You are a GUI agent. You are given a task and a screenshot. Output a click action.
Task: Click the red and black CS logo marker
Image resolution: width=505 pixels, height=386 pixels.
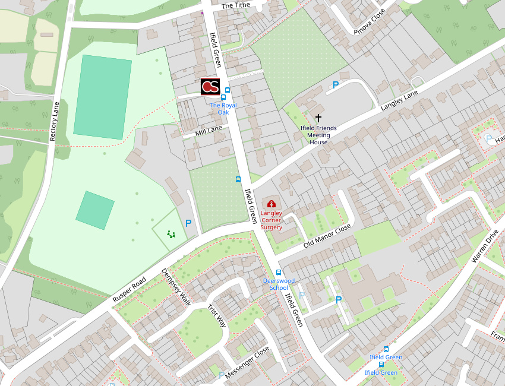[210, 87]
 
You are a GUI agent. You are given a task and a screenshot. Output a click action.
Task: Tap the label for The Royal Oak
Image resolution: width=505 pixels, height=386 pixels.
[223, 109]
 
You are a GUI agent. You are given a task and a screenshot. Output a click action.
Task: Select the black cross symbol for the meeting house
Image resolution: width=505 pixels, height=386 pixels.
[318, 118]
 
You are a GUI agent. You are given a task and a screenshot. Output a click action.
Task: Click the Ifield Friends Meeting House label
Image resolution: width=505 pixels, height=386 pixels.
[318, 135]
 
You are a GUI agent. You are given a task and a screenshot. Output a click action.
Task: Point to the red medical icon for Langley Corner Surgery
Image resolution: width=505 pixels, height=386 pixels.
[272, 204]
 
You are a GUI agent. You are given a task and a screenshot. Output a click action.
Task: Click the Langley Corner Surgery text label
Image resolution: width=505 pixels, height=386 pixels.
[272, 220]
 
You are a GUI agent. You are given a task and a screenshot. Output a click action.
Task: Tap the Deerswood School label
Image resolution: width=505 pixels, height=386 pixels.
[279, 284]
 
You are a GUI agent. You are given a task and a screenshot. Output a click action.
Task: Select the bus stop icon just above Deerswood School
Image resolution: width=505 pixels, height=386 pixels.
[279, 273]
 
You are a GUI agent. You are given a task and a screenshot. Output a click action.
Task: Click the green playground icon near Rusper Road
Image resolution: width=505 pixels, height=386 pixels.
[171, 234]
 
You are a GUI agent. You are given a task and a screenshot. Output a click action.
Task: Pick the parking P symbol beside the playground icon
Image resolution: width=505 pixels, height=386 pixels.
[188, 223]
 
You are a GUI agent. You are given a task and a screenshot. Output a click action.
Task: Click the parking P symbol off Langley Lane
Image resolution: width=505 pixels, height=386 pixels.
[336, 85]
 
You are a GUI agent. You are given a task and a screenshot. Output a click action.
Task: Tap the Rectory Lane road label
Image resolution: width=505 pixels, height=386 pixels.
[55, 122]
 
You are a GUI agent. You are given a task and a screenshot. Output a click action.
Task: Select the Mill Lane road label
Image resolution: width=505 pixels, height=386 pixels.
[209, 130]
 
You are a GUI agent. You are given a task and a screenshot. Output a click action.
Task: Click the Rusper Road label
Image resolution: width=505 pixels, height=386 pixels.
[129, 290]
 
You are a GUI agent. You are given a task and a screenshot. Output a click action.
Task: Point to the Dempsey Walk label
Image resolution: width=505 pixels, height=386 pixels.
[176, 287]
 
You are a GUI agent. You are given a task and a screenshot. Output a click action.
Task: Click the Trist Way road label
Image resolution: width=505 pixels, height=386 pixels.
[217, 316]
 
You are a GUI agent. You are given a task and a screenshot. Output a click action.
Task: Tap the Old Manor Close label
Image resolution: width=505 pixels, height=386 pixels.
[327, 236]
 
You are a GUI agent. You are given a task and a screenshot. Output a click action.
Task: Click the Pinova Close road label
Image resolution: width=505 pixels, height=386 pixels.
[370, 22]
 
